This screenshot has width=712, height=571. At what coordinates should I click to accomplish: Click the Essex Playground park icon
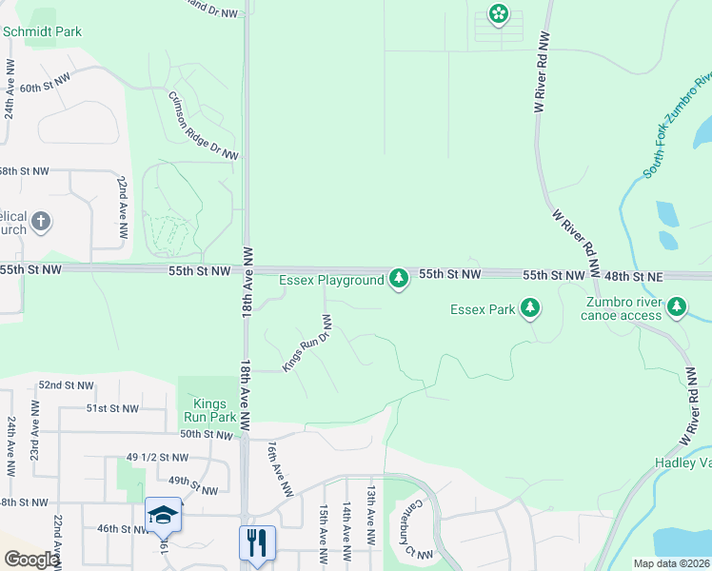click(x=399, y=279)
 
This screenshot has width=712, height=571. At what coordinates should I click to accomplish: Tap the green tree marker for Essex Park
click(x=530, y=308)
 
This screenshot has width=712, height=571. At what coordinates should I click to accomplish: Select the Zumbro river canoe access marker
click(x=677, y=306)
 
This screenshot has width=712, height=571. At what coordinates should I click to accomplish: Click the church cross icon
click(x=40, y=223)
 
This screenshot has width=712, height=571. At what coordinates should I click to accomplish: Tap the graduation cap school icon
click(x=163, y=515)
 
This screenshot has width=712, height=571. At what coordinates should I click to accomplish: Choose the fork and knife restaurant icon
click(x=256, y=542)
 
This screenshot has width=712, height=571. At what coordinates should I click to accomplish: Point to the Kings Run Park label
click(x=208, y=409)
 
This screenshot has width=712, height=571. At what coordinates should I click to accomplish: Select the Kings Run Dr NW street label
click(x=307, y=344)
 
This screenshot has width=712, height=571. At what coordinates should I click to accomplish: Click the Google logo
click(x=30, y=560)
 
